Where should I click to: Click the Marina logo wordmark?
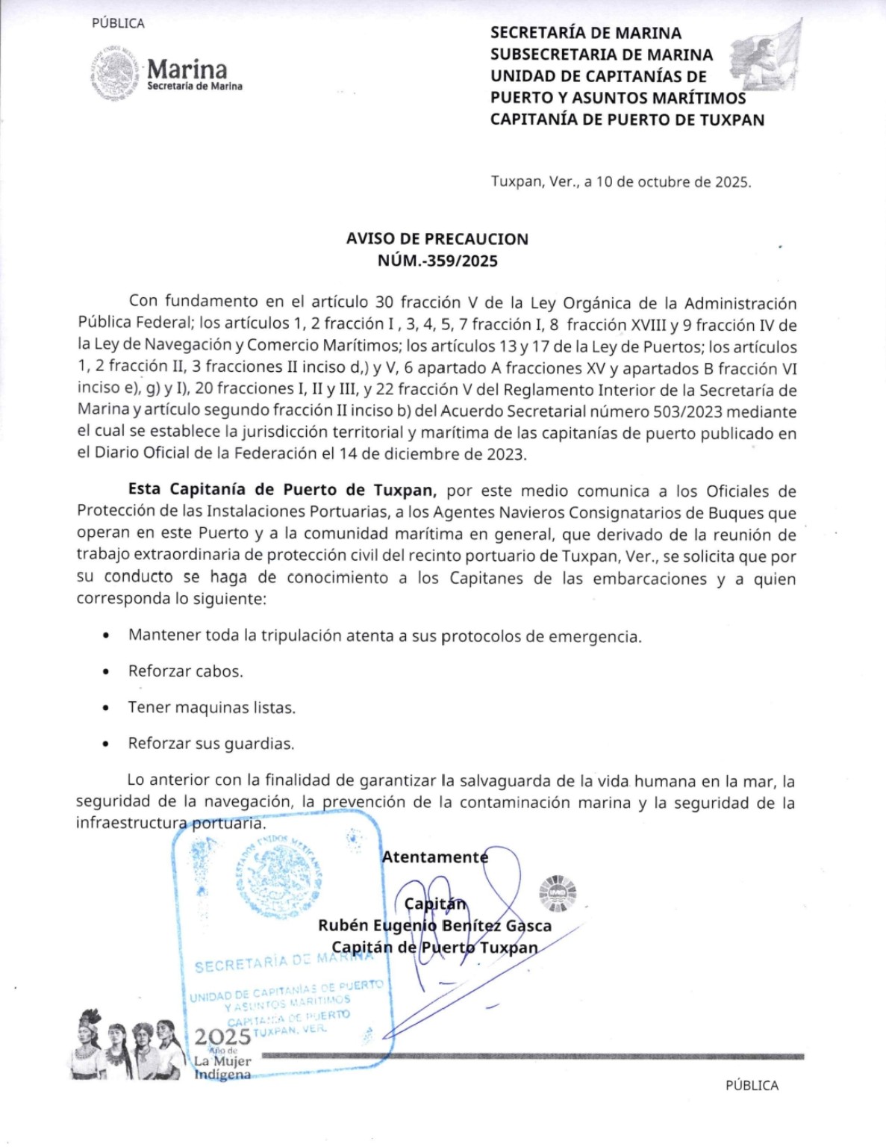tap(187, 69)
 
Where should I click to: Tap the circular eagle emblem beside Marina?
tap(114, 73)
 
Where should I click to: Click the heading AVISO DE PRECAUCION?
tap(437, 239)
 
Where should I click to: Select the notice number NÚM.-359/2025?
tap(437, 261)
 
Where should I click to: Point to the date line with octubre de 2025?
tap(620, 181)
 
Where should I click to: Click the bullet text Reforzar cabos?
tap(185, 671)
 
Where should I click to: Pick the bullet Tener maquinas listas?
tap(211, 707)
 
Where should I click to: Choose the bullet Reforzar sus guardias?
tap(210, 744)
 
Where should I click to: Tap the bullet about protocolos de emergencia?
tap(384, 636)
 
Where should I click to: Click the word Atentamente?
tap(434, 857)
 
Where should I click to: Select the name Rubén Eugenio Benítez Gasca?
tap(434, 926)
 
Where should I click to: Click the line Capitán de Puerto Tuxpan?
tap(434, 948)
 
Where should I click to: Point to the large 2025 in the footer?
tap(222, 1037)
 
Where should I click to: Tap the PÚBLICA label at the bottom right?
tap(752, 1085)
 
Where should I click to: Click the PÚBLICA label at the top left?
tap(118, 23)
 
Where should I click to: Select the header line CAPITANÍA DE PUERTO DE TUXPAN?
tap(627, 119)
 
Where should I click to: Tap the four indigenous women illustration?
tap(127, 1045)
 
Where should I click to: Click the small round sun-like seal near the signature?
tap(558, 893)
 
